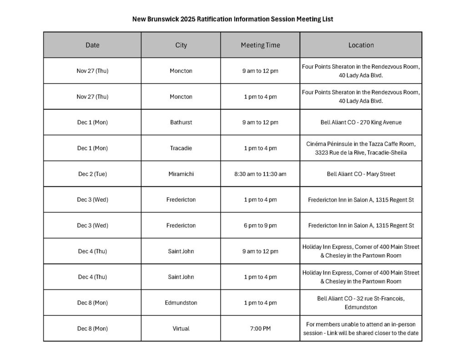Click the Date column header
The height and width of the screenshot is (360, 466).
pos(92,45)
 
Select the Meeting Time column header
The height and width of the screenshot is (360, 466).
pos(260,45)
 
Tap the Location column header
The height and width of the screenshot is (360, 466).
pos(361,45)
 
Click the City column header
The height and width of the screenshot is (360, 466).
pos(181,45)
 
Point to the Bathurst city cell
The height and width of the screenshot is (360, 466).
pos(181,122)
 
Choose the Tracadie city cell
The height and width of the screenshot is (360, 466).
pos(181,148)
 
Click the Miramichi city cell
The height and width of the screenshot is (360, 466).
pos(181,174)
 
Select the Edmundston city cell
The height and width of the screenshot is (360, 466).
pos(181,303)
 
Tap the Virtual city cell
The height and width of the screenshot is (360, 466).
pos(181,328)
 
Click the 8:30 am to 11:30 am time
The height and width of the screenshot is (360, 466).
pos(260,174)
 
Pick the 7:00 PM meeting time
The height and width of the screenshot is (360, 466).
pos(260,328)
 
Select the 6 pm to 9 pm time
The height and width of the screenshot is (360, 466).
pos(260,225)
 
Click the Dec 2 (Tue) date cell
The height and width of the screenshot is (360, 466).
pos(92,174)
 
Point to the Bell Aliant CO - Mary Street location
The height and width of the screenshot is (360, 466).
pos(361,174)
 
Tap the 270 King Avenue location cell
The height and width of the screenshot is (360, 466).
pos(361,122)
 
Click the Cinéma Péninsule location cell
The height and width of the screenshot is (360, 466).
pos(361,148)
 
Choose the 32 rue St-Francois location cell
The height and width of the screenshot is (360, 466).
pos(361,303)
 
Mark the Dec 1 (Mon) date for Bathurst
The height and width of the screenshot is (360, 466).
pos(92,122)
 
